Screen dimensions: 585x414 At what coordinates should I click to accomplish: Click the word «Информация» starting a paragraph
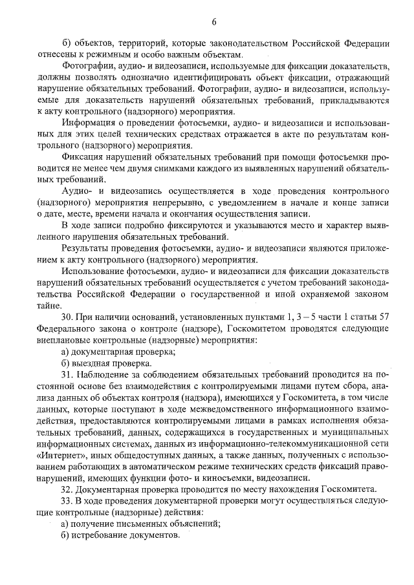[89, 122]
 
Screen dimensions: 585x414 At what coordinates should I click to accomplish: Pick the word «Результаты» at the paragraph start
[87, 248]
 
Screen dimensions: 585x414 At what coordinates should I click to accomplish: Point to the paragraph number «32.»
[69, 489]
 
